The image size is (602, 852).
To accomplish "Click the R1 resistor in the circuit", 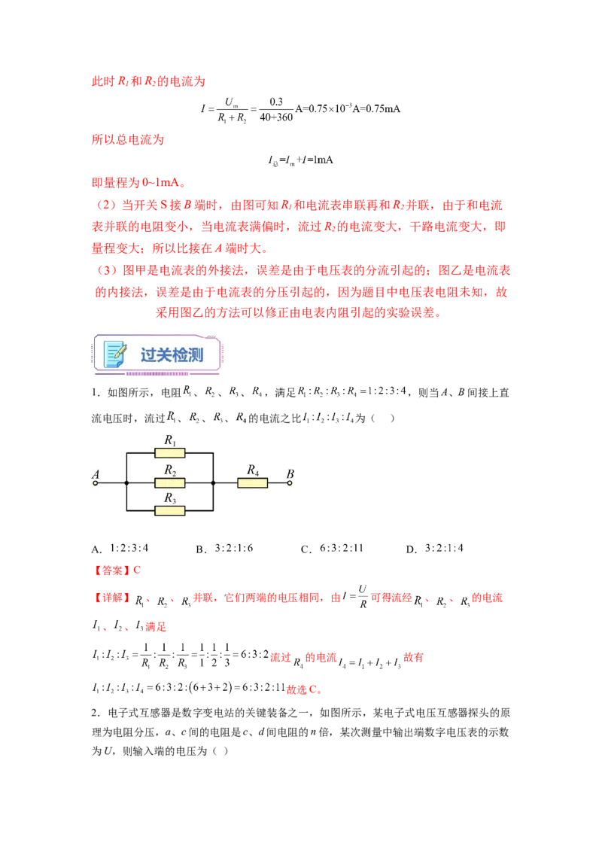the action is [169, 452].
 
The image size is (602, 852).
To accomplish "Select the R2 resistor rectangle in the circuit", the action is [169, 482].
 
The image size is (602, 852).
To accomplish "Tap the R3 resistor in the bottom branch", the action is [169, 511].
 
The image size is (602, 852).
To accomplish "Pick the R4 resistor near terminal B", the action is [253, 482].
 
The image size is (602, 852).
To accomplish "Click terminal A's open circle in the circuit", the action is [96, 483].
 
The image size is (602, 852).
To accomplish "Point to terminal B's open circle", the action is [290, 483].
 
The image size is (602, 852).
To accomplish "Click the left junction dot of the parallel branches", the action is [126, 482].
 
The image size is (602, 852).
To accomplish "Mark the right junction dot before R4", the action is [213, 482].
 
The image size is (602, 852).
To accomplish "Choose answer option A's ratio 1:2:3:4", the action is [129, 548].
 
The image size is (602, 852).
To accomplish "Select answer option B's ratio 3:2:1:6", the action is [233, 548].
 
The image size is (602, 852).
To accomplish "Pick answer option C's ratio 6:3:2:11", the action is [341, 548].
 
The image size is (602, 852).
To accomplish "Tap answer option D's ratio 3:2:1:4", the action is [444, 548].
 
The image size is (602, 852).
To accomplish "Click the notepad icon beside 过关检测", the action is [115, 354].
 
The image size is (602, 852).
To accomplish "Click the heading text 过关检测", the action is [172, 354].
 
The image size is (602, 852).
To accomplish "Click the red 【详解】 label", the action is [112, 598].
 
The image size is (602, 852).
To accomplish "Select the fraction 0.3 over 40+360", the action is [276, 109].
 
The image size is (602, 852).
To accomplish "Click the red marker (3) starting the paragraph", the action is [107, 270].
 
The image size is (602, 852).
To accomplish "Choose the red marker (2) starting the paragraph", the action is [107, 205].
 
